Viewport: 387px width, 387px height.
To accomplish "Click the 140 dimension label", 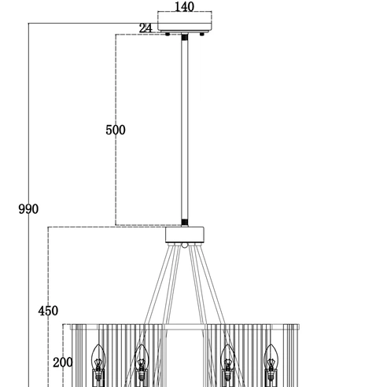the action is (x=184, y=7).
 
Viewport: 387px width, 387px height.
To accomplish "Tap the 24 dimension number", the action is (x=146, y=28).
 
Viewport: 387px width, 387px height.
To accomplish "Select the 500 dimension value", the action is (x=116, y=130).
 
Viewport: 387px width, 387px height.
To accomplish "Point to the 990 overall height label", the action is (x=28, y=209).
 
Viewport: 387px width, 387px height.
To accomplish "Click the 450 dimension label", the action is (x=48, y=311).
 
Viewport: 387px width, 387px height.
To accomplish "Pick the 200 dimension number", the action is (x=63, y=363).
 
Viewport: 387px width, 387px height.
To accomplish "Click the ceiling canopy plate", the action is (x=185, y=28).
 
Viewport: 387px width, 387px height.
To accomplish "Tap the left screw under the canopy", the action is (x=168, y=34).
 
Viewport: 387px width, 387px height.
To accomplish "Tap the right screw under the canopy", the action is (x=202, y=34).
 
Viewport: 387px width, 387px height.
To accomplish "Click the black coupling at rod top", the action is (x=185, y=37).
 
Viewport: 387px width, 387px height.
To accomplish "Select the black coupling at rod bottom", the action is (x=185, y=223).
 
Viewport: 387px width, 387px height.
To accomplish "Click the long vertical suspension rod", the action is (x=185, y=130).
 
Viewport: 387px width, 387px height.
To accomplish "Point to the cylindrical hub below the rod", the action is (x=185, y=235).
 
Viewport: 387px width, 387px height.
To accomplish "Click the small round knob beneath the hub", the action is (x=185, y=245).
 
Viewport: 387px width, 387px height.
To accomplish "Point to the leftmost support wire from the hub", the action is (x=158, y=285).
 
